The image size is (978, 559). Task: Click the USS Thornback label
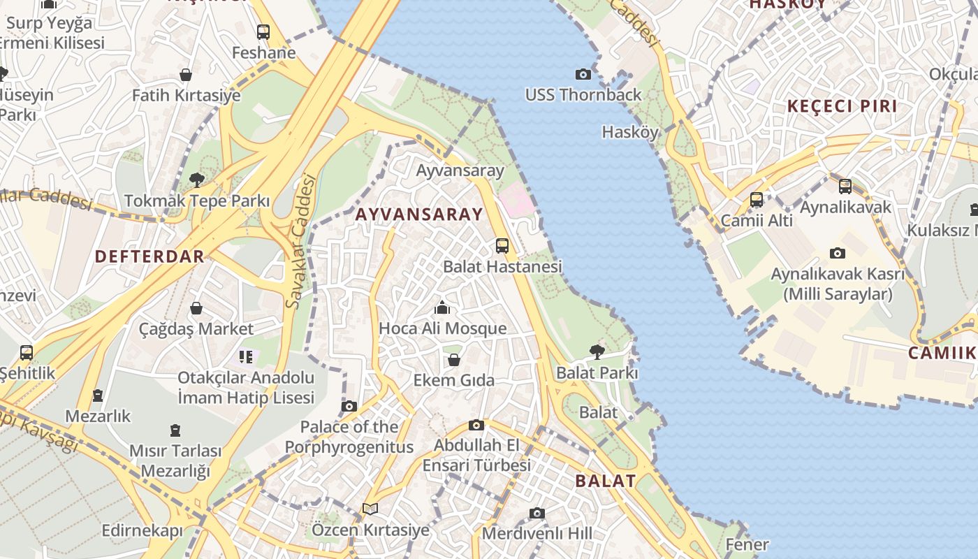point(583,94)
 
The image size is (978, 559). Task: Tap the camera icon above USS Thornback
point(583,74)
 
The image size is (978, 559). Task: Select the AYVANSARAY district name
point(419,215)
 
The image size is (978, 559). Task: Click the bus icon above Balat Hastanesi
point(502,245)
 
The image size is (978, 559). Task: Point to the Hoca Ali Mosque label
point(442,328)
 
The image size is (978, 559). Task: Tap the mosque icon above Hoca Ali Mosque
point(442,307)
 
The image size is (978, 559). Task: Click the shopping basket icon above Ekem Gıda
point(454,360)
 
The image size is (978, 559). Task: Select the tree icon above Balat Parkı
point(597,351)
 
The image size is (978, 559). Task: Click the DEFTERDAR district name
point(149,256)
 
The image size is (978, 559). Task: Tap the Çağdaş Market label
point(196,328)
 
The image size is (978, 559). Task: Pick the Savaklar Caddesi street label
point(301,241)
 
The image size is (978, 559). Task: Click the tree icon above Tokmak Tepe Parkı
point(197,180)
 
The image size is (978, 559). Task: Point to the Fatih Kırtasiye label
point(186,95)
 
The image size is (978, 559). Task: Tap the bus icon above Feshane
point(263,31)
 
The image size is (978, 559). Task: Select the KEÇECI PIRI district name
point(842,106)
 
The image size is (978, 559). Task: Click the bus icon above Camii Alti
point(757,200)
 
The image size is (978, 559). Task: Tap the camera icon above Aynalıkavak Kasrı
point(838,253)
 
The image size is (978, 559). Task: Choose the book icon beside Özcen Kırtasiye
point(370,509)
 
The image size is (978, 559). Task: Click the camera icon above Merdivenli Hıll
point(537,514)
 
